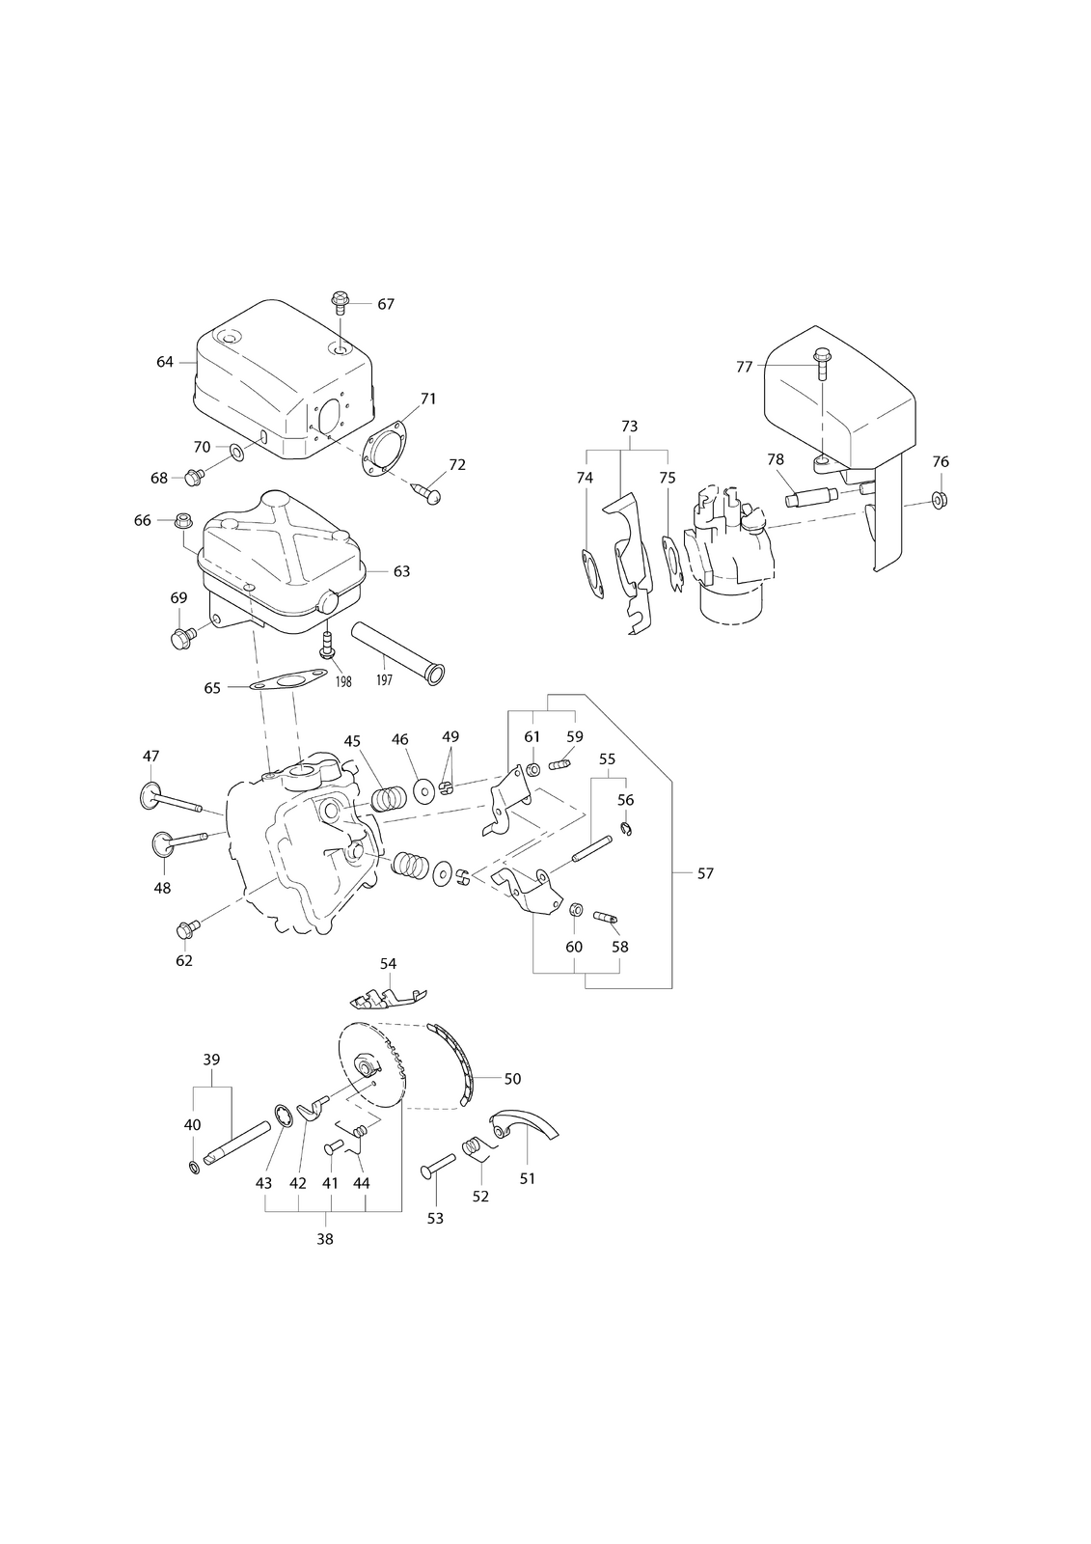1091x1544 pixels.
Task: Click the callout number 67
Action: [x=386, y=304]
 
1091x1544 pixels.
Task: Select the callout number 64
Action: [x=165, y=362]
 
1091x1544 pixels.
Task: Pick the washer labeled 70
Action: [x=236, y=453]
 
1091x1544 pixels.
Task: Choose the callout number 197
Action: [x=385, y=680]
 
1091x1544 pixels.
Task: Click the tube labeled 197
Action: [x=398, y=652]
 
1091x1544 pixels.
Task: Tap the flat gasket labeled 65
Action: [x=288, y=679]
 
